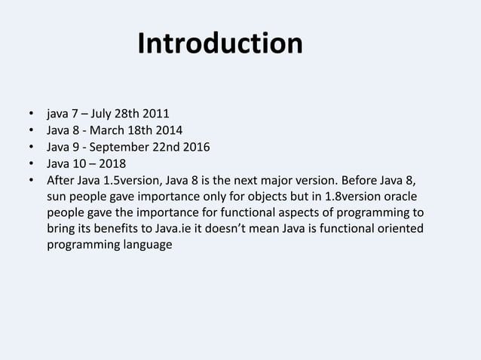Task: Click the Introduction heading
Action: click(219, 44)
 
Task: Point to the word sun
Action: click(57, 196)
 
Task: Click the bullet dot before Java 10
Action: click(31, 164)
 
